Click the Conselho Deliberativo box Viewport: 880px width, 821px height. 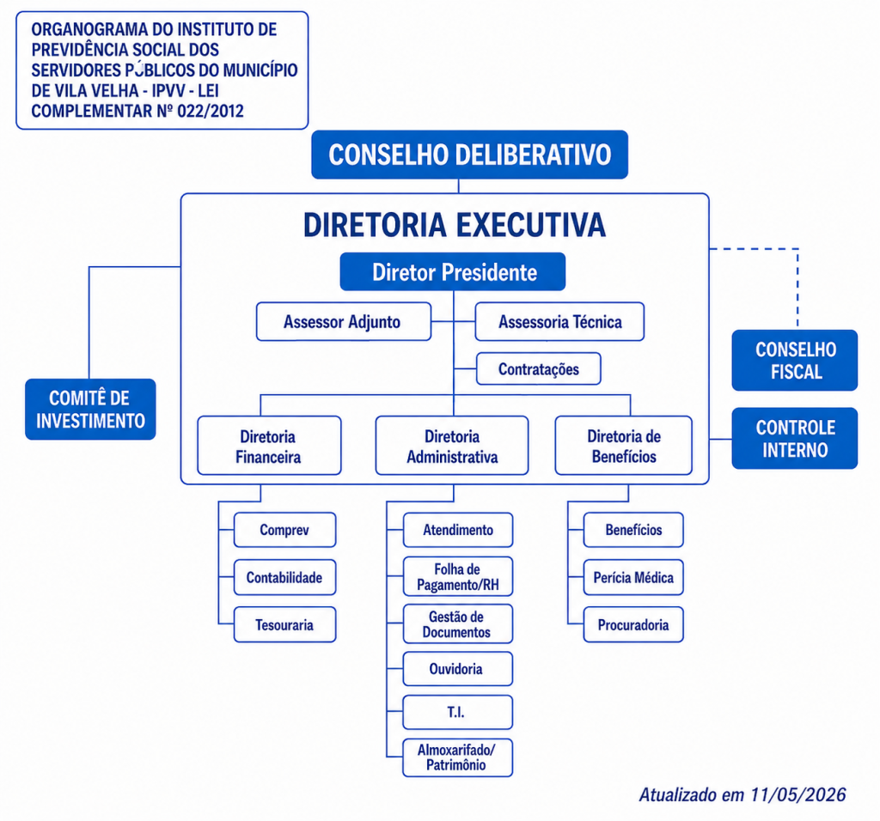(x=470, y=155)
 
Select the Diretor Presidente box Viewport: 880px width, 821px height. (x=453, y=272)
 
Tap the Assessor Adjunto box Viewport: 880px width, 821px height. (x=344, y=322)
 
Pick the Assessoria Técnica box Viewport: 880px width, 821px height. (x=559, y=322)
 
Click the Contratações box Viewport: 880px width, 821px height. (x=539, y=369)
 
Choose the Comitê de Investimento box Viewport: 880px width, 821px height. (x=90, y=410)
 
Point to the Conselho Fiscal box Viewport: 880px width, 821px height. (x=795, y=360)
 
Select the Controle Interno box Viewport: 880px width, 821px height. (x=795, y=438)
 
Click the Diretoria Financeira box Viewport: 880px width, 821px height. (x=269, y=446)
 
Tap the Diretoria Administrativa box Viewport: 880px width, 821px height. (x=452, y=446)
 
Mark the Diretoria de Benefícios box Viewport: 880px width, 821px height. (x=624, y=446)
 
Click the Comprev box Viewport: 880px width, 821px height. (x=284, y=530)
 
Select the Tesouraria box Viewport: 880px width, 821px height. (x=284, y=624)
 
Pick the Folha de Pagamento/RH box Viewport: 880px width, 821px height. (x=457, y=577)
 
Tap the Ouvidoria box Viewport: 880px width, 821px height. (x=457, y=669)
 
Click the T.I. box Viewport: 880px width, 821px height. (x=457, y=712)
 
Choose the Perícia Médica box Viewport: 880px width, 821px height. (x=633, y=578)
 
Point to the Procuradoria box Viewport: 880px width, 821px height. (x=633, y=624)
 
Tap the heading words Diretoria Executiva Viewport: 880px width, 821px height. (x=455, y=225)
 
